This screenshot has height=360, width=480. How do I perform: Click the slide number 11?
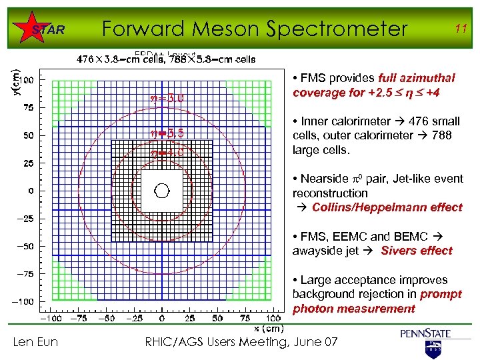tap(460, 29)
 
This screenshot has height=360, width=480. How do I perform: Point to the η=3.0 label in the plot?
tap(169, 101)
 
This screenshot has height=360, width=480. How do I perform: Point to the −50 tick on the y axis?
tap(24, 247)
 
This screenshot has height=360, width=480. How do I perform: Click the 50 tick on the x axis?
tap(217, 319)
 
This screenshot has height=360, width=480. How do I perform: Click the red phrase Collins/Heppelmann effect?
tap(387, 207)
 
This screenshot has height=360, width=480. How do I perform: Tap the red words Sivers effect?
tap(417, 251)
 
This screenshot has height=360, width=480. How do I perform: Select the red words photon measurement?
tap(353, 309)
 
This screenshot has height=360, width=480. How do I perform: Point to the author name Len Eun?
tap(35, 342)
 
